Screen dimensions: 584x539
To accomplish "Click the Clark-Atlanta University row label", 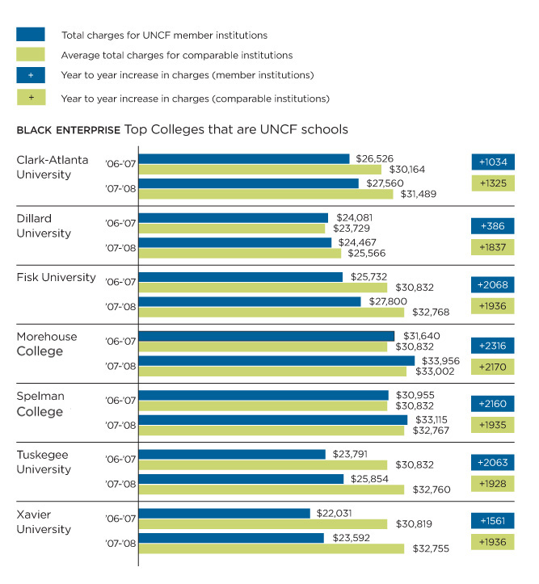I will click(53, 167).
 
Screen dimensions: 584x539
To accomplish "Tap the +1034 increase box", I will click(492, 162).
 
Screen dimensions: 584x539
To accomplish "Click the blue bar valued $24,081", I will click(234, 217).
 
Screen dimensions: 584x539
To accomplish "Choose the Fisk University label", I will click(56, 277).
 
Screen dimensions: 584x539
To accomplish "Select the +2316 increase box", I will click(492, 346).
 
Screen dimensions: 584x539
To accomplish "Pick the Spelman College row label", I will click(40, 404).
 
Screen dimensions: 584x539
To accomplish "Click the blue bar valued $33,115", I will click(273, 420).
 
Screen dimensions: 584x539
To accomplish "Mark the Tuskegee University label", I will click(44, 462).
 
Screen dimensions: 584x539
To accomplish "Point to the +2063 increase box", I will click(492, 463).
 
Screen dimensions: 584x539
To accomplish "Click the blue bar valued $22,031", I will click(225, 513).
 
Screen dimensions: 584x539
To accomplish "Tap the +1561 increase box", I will click(492, 522).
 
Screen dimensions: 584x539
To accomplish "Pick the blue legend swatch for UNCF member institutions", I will click(31, 35).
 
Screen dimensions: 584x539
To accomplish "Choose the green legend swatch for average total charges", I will click(31, 55).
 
